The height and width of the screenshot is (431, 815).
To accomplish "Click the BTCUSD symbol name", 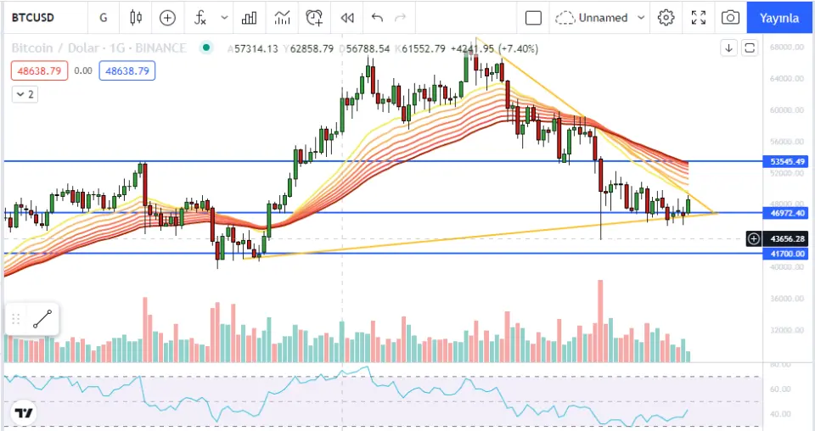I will pos(33,17).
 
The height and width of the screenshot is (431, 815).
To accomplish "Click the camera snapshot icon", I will pos(730,17).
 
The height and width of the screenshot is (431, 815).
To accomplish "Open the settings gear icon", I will pos(666,17).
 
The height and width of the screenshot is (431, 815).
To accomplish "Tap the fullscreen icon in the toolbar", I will pos(699,17).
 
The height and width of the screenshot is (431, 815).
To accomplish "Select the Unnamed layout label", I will pos(603,17).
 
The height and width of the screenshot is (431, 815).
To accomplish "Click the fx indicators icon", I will pos(200,17).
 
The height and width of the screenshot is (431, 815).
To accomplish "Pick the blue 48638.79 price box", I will pos(126,71).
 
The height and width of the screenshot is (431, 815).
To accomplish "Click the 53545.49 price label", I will pos(787,161).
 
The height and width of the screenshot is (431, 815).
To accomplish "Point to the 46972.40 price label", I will pos(787,213).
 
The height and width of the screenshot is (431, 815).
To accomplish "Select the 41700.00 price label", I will pos(787,254).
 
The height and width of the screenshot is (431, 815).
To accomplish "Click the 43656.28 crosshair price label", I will pos(787,239).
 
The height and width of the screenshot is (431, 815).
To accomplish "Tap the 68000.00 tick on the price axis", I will pos(787,48).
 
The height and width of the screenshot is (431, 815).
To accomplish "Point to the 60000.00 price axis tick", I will pos(787,110).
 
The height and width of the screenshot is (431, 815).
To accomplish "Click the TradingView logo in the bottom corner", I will pos(24,413).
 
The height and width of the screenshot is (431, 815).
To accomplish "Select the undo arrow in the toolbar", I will pos(377,17).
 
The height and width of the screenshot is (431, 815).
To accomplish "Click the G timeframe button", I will pos(103,17).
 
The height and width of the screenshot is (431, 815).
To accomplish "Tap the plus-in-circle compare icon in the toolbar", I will pos(168,17).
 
